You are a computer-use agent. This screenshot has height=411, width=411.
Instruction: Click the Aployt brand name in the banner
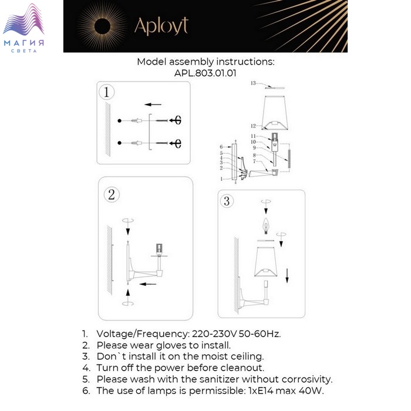coord(161,26)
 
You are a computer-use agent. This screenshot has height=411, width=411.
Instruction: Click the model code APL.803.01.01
coord(205,73)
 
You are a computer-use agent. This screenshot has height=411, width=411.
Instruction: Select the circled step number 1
coord(106,92)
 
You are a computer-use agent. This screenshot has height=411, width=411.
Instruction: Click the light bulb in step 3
coord(265,225)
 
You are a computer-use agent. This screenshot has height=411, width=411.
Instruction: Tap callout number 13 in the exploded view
coord(253,84)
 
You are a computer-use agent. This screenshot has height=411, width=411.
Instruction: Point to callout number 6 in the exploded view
coord(221,146)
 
